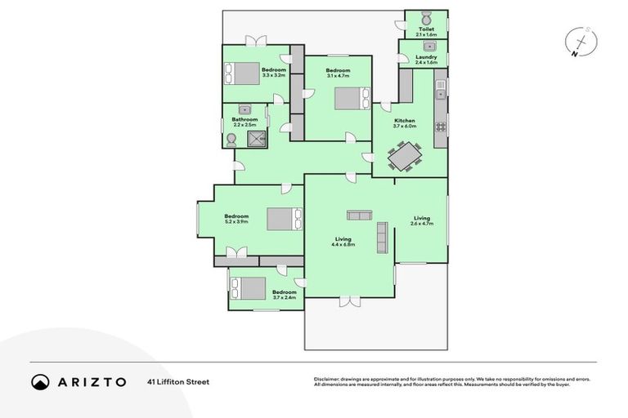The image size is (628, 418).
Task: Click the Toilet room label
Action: [426, 30]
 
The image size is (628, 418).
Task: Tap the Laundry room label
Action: [426, 57]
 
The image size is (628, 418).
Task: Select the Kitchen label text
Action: [405, 121]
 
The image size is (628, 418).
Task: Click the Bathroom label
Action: [244, 120]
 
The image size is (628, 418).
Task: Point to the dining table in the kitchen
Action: [405, 154]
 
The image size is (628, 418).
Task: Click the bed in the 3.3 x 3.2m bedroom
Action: [240, 73]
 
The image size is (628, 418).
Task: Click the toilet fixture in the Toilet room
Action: [426, 18]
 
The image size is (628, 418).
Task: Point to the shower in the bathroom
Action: [257, 136]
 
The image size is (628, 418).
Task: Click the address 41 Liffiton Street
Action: [178, 381]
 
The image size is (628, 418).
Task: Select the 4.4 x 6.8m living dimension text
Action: [343, 244]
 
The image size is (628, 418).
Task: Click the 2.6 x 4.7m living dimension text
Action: [421, 223]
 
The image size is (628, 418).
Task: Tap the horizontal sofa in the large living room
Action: [359, 216]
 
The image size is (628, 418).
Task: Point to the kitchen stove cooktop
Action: [440, 127]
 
